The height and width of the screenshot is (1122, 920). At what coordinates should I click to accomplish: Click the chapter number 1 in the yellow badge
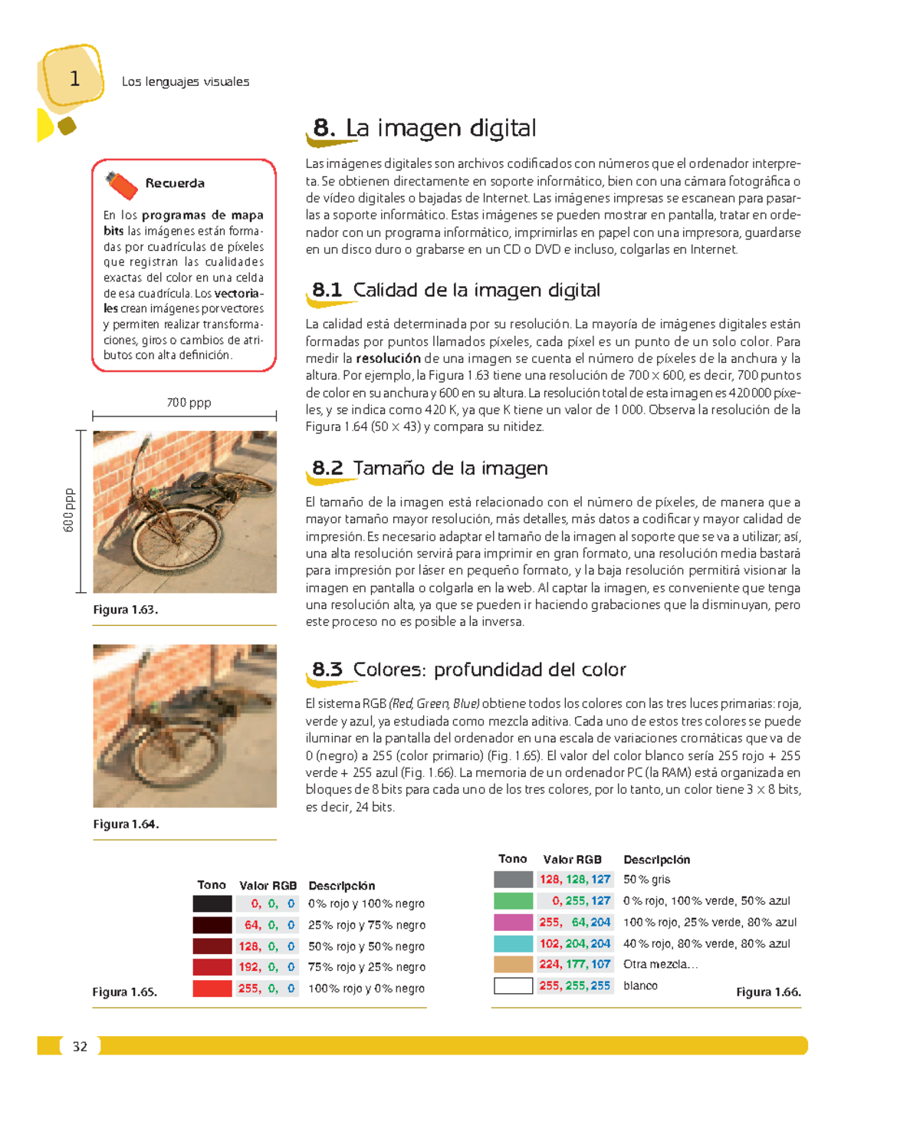74,78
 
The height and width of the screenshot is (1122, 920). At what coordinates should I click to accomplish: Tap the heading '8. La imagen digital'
424,128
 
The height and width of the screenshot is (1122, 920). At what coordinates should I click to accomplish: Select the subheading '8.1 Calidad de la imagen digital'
455,291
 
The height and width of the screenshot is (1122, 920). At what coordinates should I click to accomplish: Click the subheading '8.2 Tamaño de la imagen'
429,469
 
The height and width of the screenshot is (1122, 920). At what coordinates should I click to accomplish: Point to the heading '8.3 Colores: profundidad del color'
468,670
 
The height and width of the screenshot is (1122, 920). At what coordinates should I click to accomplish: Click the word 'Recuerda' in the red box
175,183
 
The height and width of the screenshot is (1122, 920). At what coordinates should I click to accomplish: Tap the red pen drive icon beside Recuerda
121,185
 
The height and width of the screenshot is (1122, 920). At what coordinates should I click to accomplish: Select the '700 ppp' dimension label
189,403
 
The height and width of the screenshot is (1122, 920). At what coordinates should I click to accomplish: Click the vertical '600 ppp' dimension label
69,511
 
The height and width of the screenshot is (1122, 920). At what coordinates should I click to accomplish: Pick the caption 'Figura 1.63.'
125,610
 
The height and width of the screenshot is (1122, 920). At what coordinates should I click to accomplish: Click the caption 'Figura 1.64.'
126,824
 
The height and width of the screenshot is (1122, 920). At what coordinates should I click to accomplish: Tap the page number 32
80,1047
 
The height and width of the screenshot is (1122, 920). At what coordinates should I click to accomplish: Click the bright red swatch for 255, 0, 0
212,989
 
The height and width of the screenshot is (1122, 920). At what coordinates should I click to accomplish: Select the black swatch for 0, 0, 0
212,904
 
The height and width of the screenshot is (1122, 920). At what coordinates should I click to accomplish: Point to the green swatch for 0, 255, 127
513,901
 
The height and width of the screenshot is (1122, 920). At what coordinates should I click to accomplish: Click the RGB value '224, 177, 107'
575,965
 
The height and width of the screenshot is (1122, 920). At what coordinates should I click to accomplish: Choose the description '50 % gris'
646,880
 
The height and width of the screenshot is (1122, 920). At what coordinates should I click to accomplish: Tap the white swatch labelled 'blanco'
513,986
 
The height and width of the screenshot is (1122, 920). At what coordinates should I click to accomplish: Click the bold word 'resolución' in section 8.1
388,359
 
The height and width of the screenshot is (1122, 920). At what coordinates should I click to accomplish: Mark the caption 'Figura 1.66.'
768,992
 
